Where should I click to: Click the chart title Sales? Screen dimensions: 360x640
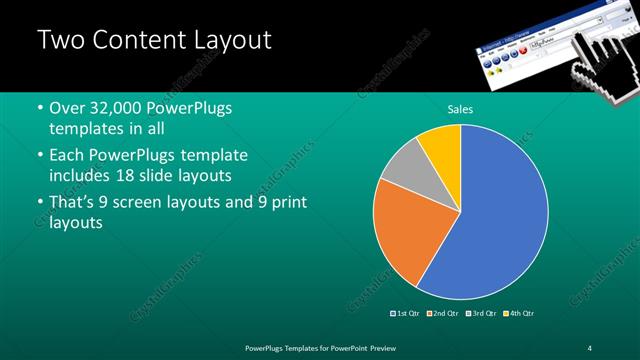click(x=460, y=109)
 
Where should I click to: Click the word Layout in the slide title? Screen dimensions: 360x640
click(x=224, y=41)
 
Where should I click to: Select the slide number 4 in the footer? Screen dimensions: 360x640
click(x=590, y=347)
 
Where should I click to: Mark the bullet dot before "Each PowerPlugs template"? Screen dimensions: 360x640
click(x=39, y=156)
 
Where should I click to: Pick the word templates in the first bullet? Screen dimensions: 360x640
click(x=86, y=129)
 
